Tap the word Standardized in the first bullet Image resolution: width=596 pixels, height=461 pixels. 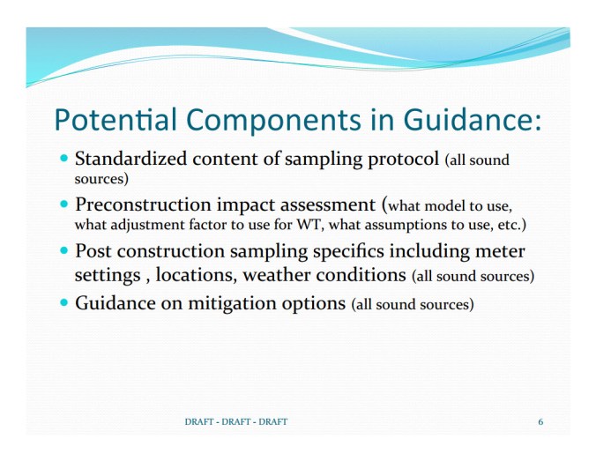(130, 160)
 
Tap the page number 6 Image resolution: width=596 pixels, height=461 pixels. (540, 422)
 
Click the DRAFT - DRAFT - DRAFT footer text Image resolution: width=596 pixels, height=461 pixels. (235, 422)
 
